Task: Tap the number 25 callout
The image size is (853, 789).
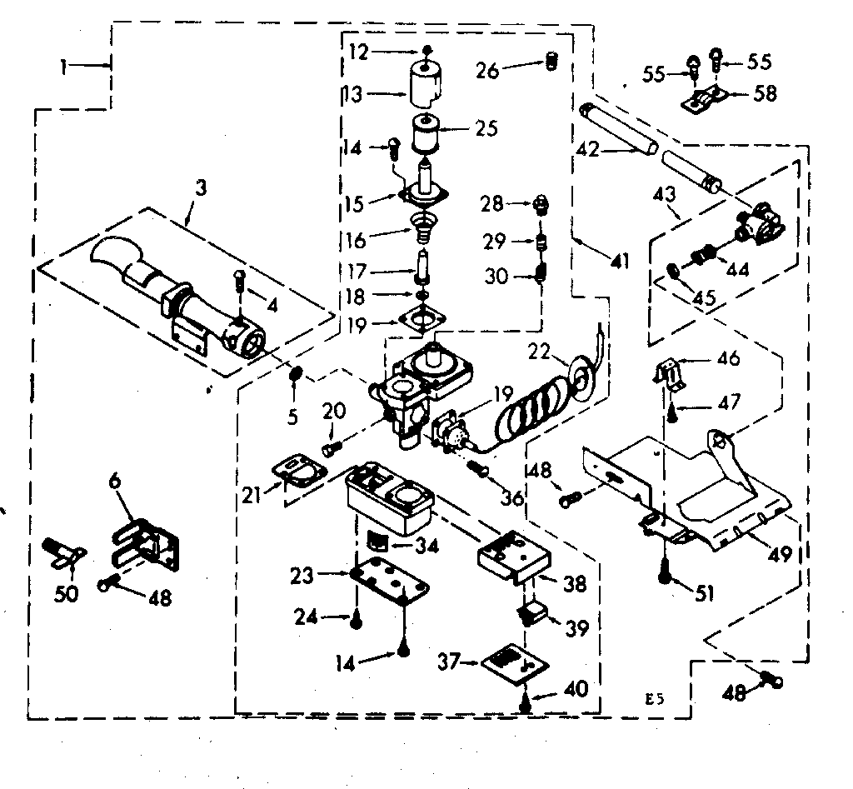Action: [x=486, y=128]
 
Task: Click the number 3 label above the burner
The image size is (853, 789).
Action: [x=202, y=189]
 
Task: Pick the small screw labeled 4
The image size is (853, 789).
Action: [x=239, y=280]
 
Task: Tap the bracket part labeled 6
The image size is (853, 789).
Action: [x=146, y=545]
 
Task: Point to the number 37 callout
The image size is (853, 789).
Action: [x=449, y=662]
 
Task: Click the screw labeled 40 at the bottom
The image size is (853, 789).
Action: [x=525, y=703]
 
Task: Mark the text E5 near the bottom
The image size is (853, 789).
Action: [x=655, y=699]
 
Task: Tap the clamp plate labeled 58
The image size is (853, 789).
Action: [x=705, y=99]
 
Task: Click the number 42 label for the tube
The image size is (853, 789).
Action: [x=587, y=149]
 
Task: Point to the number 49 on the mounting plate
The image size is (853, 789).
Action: [x=779, y=554]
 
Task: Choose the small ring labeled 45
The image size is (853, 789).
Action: [x=673, y=269]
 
